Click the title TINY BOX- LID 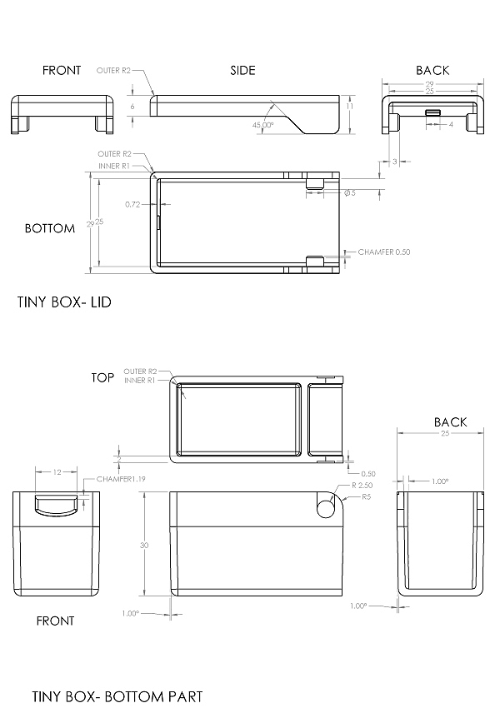(64, 302)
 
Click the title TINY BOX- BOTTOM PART (117, 696)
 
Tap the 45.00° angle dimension (262, 125)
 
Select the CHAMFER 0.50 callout (384, 252)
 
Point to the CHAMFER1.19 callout (121, 479)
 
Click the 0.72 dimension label (132, 204)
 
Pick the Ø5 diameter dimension (350, 192)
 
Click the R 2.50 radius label (362, 485)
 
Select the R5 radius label (367, 496)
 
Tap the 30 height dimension (144, 545)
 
